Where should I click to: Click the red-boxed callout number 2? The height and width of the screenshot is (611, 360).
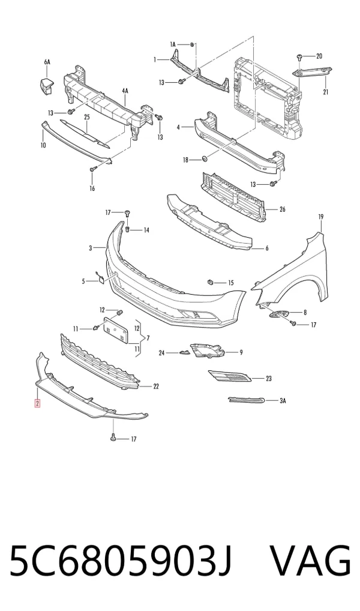point(37,403)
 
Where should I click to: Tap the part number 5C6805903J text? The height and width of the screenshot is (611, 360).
point(121,561)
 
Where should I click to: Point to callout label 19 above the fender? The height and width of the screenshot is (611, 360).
point(320,216)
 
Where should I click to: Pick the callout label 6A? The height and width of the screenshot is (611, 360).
point(47,62)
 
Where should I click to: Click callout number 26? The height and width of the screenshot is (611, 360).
point(283,209)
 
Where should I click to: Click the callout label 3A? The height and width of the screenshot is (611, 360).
point(283,400)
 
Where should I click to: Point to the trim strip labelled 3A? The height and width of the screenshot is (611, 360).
point(247,400)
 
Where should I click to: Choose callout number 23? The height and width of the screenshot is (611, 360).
point(268,378)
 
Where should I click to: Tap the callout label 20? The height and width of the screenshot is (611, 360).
point(319,56)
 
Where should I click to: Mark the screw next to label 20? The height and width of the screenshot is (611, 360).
point(299,58)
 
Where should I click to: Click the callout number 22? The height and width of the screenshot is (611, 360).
point(156,387)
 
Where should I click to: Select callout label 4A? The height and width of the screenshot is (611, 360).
point(125,91)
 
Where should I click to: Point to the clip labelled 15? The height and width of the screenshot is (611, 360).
point(210,281)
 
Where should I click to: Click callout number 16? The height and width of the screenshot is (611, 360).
point(92,188)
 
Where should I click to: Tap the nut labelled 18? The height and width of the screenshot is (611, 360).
point(205,159)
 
